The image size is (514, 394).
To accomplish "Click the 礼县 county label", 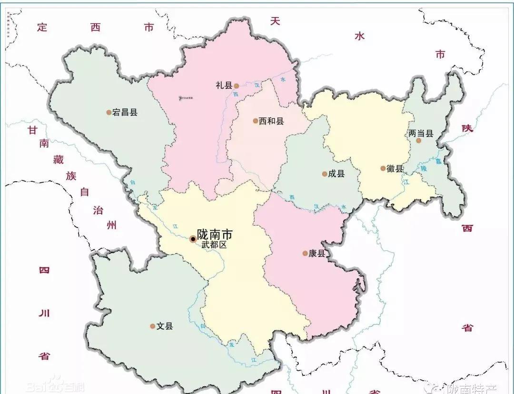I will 224,86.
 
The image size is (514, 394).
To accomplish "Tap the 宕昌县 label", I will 125,113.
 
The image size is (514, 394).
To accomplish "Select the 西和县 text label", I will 271,121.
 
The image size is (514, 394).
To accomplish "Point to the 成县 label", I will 336,174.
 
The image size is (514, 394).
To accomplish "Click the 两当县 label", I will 421,134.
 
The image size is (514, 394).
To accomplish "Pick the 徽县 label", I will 395,168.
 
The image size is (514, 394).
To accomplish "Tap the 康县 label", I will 316,254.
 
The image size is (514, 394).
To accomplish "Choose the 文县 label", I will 165,326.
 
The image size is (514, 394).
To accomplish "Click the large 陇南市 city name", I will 215,235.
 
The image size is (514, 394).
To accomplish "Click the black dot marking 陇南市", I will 193,239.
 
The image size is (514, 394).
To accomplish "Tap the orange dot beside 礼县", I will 236,86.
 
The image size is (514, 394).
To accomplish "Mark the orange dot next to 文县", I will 153,326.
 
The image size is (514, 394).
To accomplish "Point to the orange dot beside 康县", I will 305,254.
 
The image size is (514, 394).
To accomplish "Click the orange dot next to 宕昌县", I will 109,113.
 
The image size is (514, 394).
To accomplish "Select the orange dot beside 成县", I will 324,174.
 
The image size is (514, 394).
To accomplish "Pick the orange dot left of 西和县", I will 256,121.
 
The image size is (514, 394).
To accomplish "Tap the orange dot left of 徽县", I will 383,168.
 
